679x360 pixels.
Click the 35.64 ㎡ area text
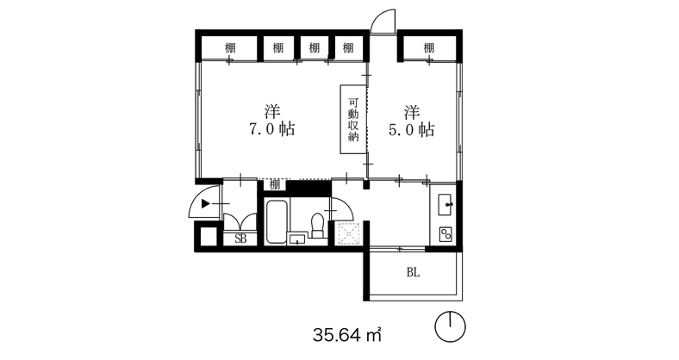(x=347, y=334)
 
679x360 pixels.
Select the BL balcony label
(x=413, y=273)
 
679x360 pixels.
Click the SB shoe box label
(x=240, y=239)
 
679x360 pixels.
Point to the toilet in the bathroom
(x=317, y=225)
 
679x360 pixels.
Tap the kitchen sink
(x=445, y=205)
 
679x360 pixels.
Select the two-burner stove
(x=446, y=234)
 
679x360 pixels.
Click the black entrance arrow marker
(x=206, y=203)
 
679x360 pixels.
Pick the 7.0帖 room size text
(x=271, y=129)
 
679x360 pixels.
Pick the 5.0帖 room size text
(x=411, y=129)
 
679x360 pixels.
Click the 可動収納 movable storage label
(x=354, y=120)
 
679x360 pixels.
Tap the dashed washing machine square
(x=349, y=233)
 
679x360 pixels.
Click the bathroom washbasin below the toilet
(x=297, y=239)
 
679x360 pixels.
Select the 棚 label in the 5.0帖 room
(x=428, y=47)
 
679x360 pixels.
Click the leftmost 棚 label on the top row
(x=230, y=47)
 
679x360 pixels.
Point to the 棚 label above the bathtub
(x=275, y=185)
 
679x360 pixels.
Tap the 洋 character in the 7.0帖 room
(x=272, y=112)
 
